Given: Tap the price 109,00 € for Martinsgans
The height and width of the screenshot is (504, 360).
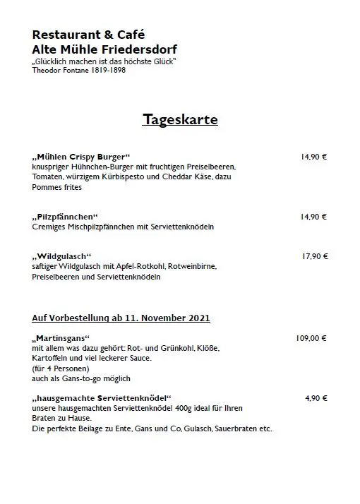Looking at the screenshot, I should (311, 338).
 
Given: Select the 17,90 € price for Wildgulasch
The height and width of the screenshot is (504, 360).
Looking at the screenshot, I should (314, 256).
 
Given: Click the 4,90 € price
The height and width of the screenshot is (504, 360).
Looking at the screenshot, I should (316, 398).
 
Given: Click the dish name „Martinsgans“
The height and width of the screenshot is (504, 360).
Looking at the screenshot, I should (61, 339).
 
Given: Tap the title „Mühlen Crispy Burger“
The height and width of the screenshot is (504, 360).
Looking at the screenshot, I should (81, 157).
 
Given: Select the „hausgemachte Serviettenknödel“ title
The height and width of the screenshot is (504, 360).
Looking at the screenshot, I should (102, 399).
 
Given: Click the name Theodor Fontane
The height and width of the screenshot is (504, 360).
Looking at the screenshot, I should (62, 71).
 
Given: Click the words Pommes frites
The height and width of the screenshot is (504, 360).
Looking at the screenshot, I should (56, 187).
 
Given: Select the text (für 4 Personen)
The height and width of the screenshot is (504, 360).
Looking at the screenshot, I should (61, 368).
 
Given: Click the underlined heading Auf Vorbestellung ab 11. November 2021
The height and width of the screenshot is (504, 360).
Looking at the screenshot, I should (121, 318).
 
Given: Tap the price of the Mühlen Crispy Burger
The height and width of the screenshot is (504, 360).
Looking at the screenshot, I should (314, 157).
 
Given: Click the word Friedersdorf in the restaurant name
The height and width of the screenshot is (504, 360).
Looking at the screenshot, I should (142, 49).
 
